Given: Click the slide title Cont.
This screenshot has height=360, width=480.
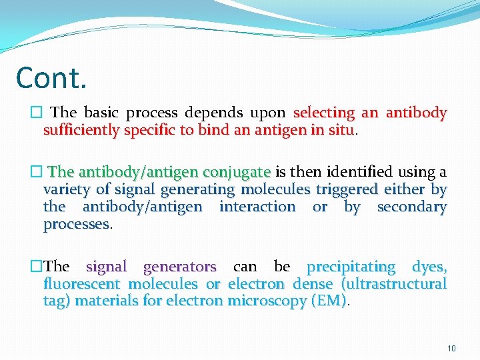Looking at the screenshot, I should point(51,77).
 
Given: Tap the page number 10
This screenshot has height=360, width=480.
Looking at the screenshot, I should point(451,348).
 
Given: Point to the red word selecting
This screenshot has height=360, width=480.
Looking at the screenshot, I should point(324,113).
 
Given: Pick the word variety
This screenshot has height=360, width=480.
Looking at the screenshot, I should point(65,190).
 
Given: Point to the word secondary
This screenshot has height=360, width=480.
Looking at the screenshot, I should point(411,207).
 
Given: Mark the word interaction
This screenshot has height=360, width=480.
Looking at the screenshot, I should point(257,207).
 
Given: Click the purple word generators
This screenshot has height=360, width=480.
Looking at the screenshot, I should point(179,267).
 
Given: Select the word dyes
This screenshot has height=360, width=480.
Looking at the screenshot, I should point(429,267).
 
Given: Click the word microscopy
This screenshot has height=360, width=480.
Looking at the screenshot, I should point(266,301).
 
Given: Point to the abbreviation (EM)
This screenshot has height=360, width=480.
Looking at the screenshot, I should point(329,301).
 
